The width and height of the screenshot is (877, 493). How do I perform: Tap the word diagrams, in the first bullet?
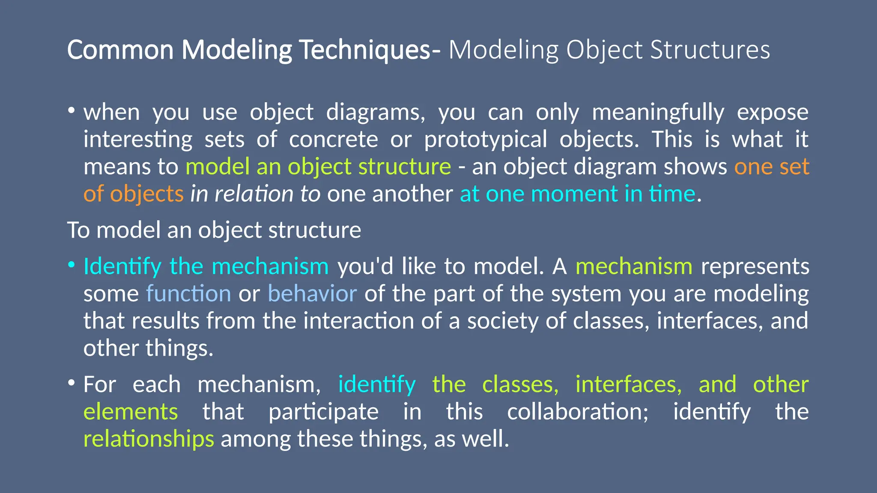coord(376,113)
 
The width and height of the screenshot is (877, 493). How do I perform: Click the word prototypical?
coord(485,140)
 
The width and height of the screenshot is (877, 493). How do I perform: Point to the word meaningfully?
coord(658,113)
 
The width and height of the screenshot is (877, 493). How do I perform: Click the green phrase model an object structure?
coord(318,166)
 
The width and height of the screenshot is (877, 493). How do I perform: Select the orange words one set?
coord(771,166)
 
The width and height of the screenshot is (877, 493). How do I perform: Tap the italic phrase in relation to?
coord(255,194)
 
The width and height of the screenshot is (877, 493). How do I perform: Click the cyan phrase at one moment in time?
coord(577,194)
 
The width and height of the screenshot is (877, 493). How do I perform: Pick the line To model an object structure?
coord(214,230)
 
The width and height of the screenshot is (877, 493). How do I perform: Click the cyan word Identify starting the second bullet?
coord(122,267)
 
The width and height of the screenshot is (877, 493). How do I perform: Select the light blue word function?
coord(188,294)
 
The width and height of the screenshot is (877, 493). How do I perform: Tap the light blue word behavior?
coord(312,294)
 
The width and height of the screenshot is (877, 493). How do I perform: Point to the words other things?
coord(148,348)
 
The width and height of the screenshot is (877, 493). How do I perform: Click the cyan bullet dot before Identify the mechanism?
coord(72,264)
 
